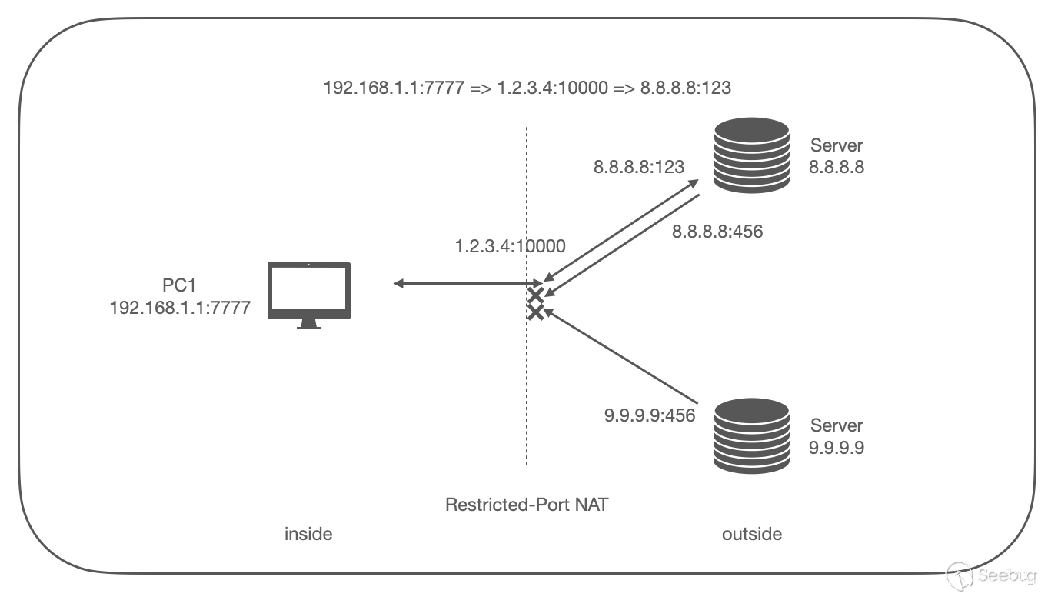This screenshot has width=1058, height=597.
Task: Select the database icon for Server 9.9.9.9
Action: [751, 435]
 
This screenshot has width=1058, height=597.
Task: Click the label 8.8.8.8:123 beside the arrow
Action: [638, 167]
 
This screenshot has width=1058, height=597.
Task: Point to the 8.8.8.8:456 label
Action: [717, 231]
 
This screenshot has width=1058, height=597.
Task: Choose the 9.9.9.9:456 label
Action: [650, 415]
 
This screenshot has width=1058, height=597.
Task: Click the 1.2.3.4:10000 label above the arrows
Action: [510, 247]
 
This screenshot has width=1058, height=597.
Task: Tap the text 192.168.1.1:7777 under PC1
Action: [180, 307]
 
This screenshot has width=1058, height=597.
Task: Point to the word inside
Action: [308, 533]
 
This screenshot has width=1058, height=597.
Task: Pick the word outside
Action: [751, 533]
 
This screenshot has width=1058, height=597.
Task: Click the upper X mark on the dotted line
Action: [536, 296]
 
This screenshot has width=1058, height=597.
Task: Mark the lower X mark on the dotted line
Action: [536, 311]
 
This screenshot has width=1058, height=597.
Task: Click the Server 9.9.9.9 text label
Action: [837, 436]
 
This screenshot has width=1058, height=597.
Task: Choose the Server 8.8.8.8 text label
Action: [837, 155]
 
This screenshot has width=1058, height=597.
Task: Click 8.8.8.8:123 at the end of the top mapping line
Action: [685, 88]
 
